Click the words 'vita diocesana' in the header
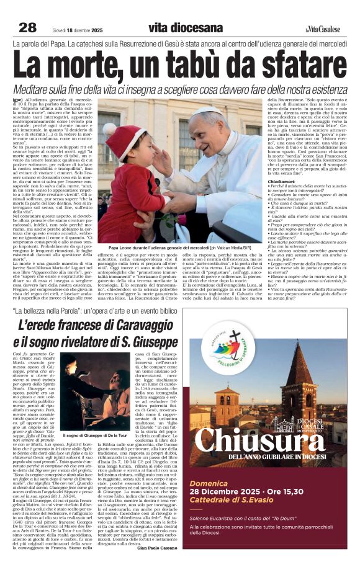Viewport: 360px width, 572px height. click(185, 27)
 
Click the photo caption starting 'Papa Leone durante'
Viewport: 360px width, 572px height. click(182, 248)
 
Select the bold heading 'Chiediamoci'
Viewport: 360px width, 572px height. click(283, 164)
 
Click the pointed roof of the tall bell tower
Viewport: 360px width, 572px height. click(313, 351)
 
